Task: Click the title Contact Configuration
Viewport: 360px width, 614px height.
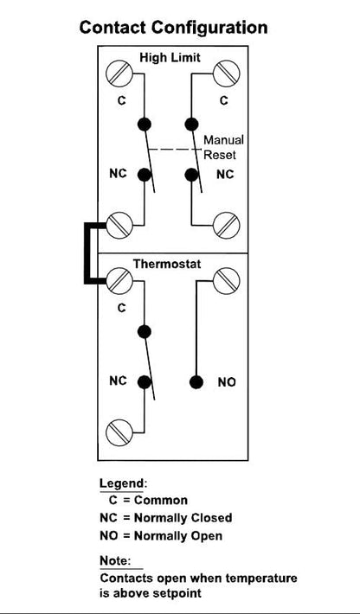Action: tap(174, 29)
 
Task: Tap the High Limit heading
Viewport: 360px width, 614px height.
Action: tap(170, 58)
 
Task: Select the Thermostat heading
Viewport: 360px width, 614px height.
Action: tap(167, 264)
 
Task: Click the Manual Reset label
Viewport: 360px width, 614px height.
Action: tap(223, 147)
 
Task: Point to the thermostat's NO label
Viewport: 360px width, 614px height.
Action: tap(227, 382)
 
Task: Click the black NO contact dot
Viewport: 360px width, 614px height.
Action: tap(196, 382)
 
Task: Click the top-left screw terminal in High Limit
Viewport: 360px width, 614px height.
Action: tap(119, 74)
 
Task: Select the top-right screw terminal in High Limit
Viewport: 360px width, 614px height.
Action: tap(226, 74)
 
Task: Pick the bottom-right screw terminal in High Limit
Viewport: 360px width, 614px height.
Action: tap(226, 225)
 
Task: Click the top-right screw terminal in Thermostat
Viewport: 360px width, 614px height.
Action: tap(226, 280)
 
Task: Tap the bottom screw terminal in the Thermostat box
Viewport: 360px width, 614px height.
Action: tap(119, 432)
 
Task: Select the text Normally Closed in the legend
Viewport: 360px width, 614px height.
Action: tap(183, 518)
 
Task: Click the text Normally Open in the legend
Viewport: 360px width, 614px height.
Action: tap(178, 535)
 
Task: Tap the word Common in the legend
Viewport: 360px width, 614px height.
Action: tap(161, 500)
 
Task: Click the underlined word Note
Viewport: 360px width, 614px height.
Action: tap(114, 560)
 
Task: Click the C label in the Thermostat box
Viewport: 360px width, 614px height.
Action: tap(122, 308)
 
